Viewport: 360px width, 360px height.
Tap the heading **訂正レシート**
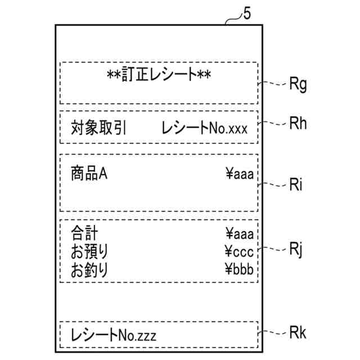pyautogui.click(x=159, y=74)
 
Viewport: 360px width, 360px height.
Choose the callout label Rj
pyautogui.click(x=296, y=249)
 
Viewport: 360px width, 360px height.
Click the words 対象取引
pyautogui.click(x=99, y=128)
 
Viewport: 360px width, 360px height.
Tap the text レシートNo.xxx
pyautogui.click(x=204, y=128)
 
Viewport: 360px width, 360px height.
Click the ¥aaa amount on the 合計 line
pyautogui.click(x=239, y=232)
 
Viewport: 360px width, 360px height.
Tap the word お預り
pyautogui.click(x=89, y=251)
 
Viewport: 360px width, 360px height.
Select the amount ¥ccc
pyautogui.click(x=239, y=251)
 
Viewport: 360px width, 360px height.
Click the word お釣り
pyautogui.click(x=89, y=270)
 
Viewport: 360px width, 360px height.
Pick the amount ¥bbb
pyautogui.click(x=239, y=270)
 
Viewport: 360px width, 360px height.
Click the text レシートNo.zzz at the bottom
pyautogui.click(x=113, y=336)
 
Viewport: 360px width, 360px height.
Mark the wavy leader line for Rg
pyautogui.click(x=272, y=84)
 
